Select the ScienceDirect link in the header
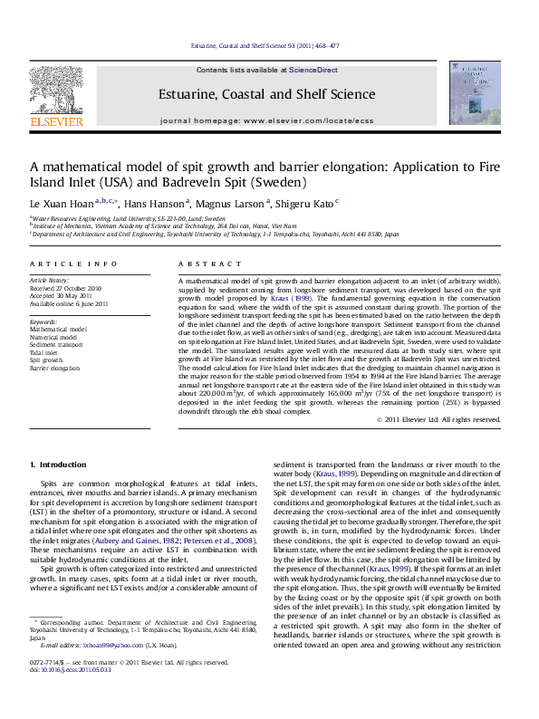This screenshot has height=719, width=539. (313, 70)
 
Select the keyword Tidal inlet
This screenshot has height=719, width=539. (50, 353)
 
